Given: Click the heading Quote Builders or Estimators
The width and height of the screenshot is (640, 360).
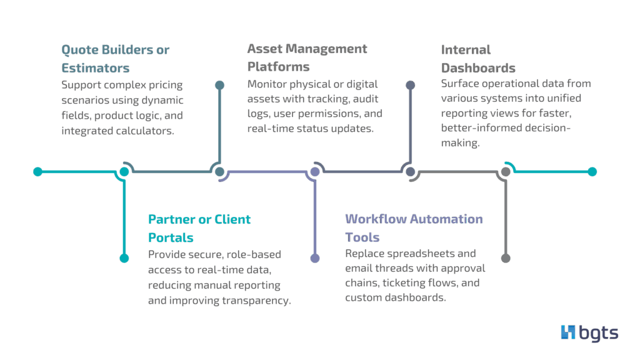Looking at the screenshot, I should coord(114,59).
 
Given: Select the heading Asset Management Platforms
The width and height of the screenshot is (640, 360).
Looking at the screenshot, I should coord(306,57).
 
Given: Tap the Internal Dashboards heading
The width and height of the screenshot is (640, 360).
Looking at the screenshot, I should coord(478,59).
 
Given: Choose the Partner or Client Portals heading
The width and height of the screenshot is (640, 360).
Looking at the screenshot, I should coord(199,228).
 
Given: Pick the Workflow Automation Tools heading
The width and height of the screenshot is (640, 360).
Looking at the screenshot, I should coord(413,228).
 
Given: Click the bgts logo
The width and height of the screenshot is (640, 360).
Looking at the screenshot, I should coord(589,332).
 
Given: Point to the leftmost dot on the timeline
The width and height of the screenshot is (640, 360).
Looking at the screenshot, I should coord(37,171).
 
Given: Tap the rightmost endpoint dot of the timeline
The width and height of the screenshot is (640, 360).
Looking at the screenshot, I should coord(592,171).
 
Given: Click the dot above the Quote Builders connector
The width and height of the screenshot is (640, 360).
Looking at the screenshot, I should coord(219,84).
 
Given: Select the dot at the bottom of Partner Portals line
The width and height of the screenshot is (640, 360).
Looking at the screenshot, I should coord(124,258).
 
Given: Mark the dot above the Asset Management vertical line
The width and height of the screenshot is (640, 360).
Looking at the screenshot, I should coord(411,84).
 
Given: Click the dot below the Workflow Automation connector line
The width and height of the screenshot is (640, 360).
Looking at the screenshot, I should coord(315,258).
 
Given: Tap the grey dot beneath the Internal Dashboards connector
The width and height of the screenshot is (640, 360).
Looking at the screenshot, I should coord(506,258).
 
